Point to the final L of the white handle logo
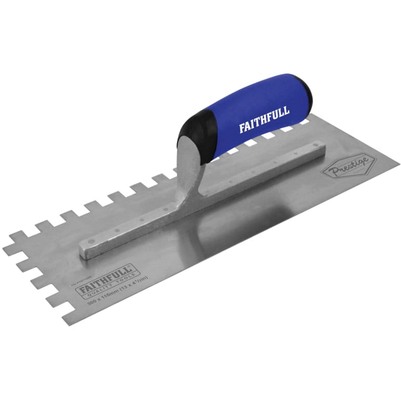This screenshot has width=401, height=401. click(x=287, y=111)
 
